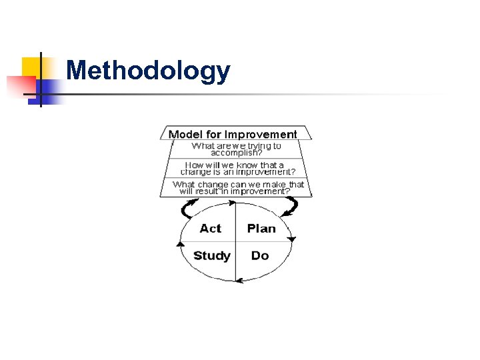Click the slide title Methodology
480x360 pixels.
tap(148, 71)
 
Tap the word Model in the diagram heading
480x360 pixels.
tap(183, 135)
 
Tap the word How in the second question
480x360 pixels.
tap(194, 164)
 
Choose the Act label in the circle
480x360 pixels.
tap(210, 229)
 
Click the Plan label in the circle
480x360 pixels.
tap(261, 229)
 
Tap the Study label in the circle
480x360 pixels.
tap(211, 256)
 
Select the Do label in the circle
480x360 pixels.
tap(259, 256)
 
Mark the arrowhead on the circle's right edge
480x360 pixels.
tap(291, 239)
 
